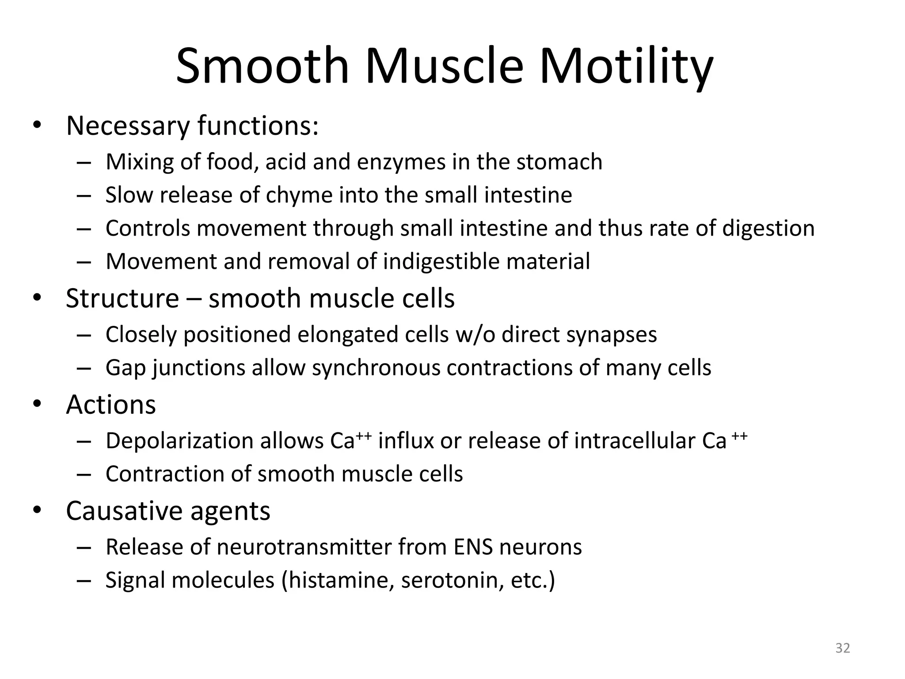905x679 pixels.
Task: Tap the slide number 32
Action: (843, 648)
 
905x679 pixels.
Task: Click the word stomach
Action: (559, 162)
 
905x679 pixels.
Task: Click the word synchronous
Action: (376, 368)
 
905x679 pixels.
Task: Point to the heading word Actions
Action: (111, 404)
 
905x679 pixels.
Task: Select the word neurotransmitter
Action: (304, 547)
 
